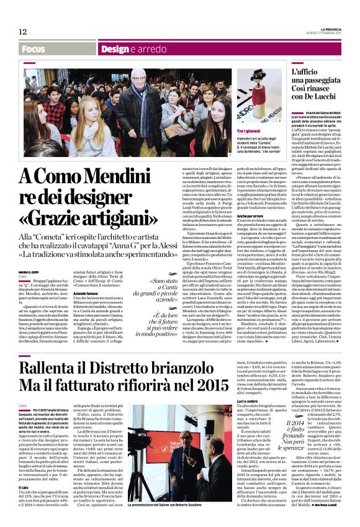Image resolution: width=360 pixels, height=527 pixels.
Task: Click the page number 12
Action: (22, 31)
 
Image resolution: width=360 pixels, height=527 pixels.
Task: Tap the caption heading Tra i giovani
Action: (250, 131)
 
